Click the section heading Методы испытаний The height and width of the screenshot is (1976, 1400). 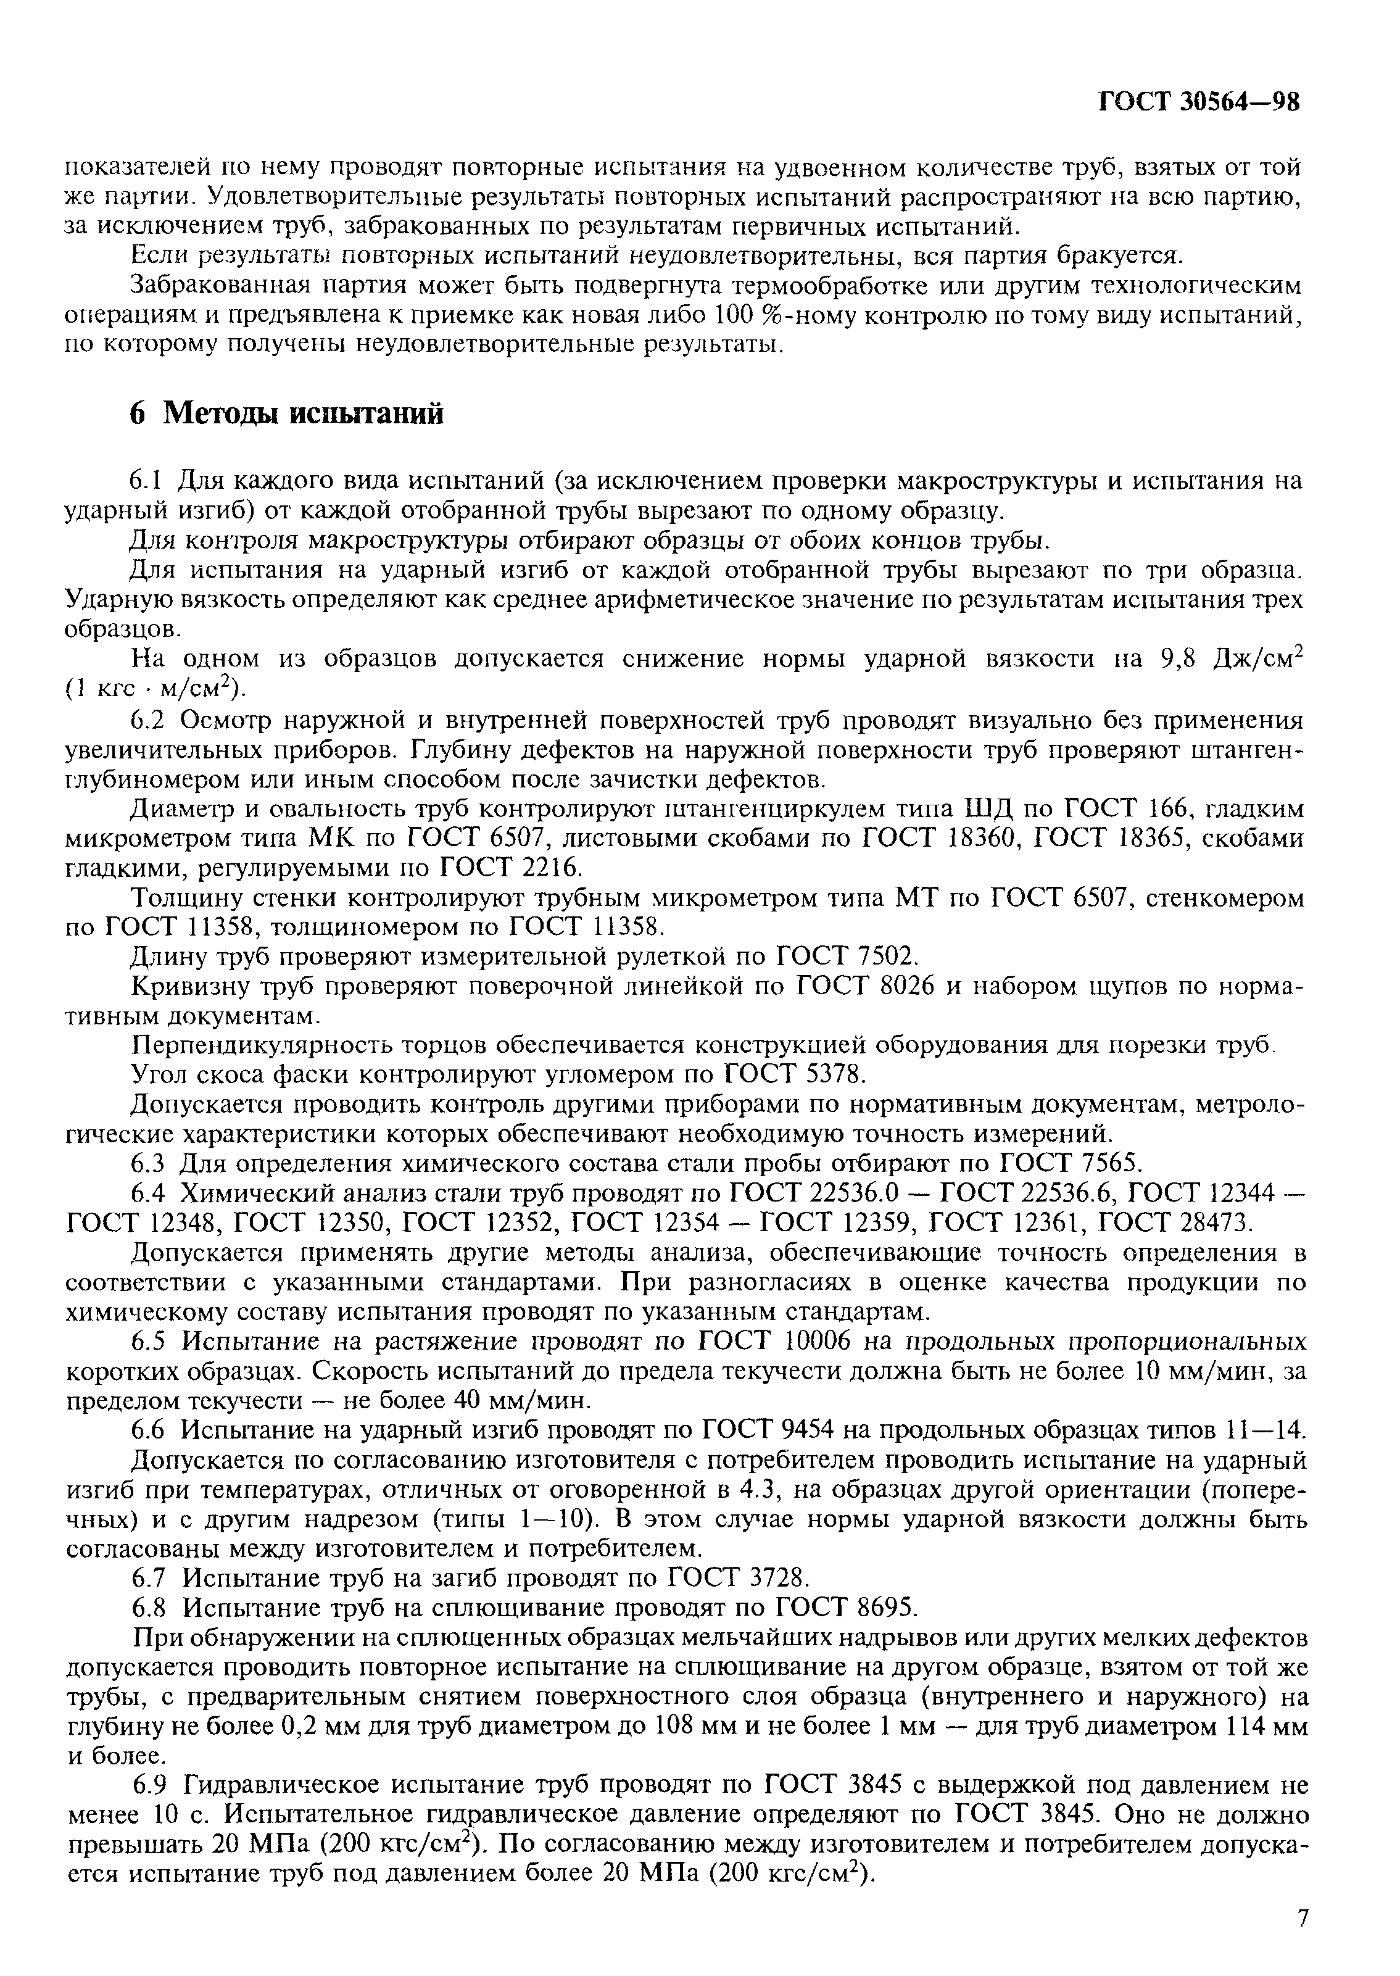click(x=304, y=414)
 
